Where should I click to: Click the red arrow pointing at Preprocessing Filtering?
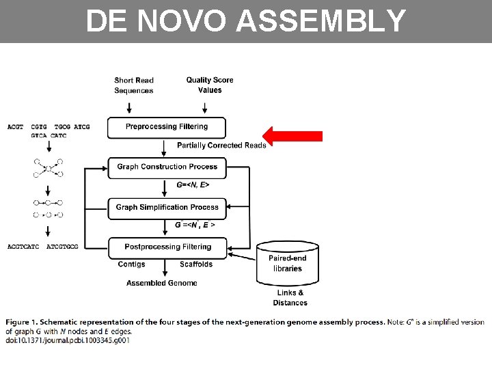tap(293, 136)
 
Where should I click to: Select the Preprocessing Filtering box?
tap(167, 126)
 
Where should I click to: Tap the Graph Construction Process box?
tap(167, 167)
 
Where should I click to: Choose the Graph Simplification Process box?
tap(167, 207)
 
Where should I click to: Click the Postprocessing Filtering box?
tap(167, 247)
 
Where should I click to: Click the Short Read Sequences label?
tap(133, 85)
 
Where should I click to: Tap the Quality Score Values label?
tap(209, 85)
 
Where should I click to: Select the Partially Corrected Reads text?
tap(221, 146)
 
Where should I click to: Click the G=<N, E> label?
tap(193, 185)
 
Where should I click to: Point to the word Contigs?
tap(131, 264)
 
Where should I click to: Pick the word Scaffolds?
tap(196, 264)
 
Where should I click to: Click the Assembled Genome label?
tap(161, 283)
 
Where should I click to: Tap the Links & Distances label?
tap(290, 298)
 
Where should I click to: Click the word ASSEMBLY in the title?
tap(320, 21)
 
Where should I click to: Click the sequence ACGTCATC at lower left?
tap(23, 246)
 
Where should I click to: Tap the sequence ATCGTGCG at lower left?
tap(62, 246)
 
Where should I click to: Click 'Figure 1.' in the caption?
tap(25, 322)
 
